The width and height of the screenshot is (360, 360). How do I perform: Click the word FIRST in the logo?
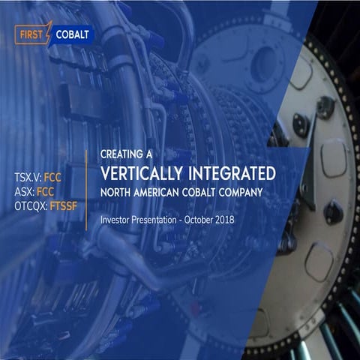[x=30, y=34]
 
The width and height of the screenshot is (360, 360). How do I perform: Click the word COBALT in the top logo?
[x=73, y=34]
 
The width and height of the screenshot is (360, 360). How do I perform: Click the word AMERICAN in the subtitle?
[x=163, y=192]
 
